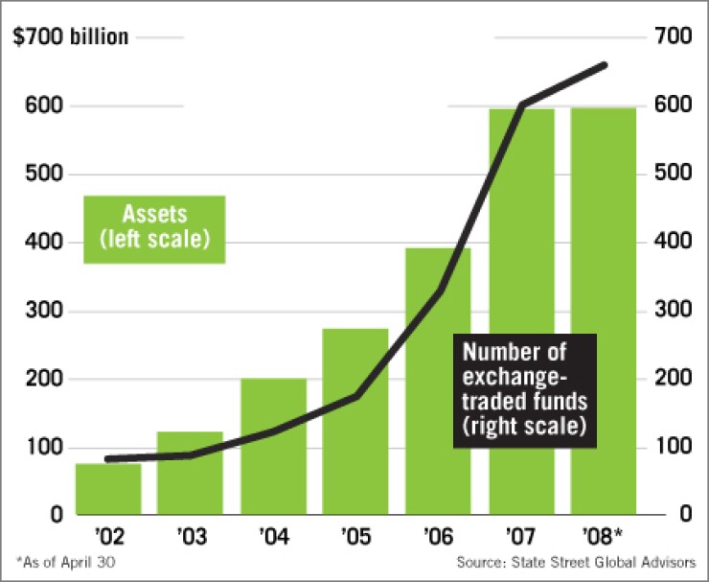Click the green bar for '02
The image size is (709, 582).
[x=108, y=489]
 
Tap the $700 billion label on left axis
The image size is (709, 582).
[x=70, y=38]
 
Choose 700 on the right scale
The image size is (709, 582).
[x=673, y=38]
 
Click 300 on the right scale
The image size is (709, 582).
[x=673, y=311]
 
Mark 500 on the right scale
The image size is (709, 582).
[x=673, y=175]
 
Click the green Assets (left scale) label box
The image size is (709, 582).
[x=154, y=228]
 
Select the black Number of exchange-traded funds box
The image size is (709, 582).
[x=524, y=390]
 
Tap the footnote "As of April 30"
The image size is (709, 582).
[x=67, y=562]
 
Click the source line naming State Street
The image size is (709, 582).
[x=575, y=562]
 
